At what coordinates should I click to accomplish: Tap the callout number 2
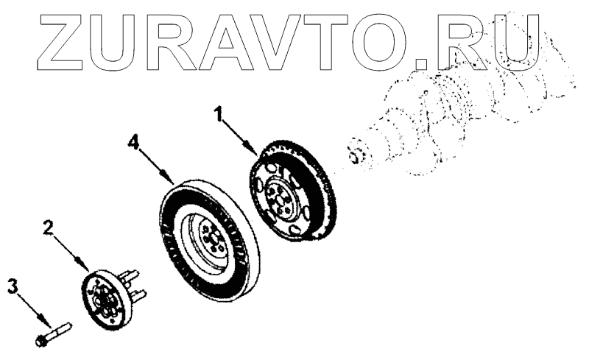tap(46, 229)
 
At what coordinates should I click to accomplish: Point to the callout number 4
tap(132, 141)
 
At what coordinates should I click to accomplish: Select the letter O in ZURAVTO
tap(384, 38)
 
